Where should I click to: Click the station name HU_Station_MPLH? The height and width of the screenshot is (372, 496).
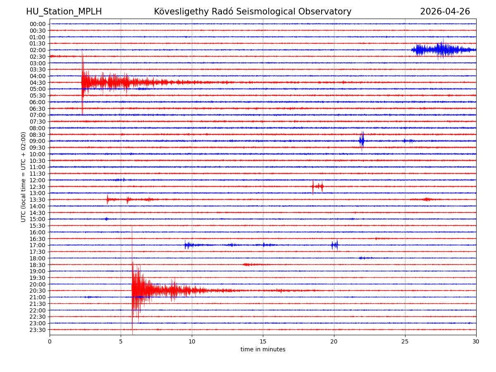[x=64, y=12]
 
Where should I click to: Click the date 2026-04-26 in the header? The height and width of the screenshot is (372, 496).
[x=445, y=12]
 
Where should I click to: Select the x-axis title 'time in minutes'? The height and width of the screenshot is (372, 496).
[x=263, y=350]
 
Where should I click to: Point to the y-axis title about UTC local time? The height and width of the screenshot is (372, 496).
[x=24, y=176]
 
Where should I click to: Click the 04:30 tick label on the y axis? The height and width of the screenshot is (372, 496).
[x=38, y=83]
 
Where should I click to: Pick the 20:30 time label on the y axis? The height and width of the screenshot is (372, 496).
[x=38, y=291]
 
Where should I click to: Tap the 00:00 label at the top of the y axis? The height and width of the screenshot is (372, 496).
[x=38, y=24]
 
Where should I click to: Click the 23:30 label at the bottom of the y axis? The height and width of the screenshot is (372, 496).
[x=38, y=330]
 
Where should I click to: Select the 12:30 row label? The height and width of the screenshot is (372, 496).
[x=38, y=187]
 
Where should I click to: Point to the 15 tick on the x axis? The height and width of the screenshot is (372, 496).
[x=263, y=341]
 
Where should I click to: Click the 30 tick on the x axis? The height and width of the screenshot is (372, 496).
[x=476, y=341]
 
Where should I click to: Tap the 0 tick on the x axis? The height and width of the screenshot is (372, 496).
[x=50, y=341]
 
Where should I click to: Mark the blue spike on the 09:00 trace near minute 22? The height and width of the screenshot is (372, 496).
[x=362, y=141]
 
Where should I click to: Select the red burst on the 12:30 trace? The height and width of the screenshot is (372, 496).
[x=317, y=186]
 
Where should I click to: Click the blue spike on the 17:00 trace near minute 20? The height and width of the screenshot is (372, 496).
[x=334, y=245]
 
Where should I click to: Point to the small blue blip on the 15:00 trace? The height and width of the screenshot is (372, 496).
[x=106, y=219]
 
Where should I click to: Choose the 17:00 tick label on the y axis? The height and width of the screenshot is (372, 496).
[x=38, y=246]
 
